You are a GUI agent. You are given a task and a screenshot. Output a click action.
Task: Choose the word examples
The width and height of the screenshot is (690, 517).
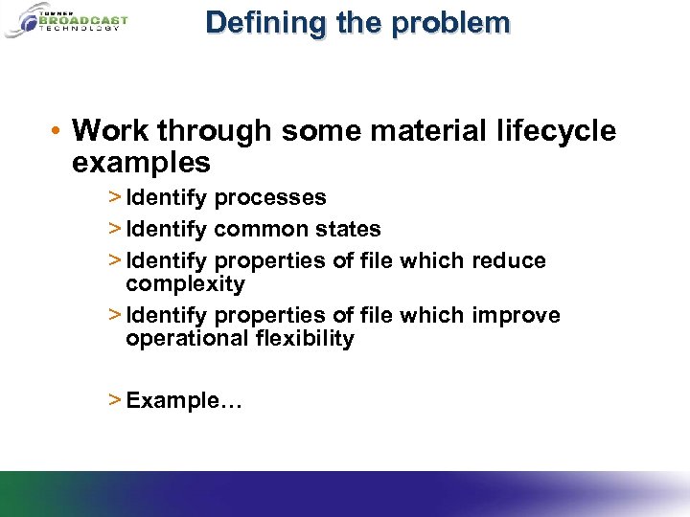[x=141, y=163]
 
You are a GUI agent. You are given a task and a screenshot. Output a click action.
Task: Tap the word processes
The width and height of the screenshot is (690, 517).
[x=270, y=198]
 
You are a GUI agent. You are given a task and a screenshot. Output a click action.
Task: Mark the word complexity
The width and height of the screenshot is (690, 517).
[x=185, y=284]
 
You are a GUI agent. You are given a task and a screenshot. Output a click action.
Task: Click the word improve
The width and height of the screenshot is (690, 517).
[x=516, y=315]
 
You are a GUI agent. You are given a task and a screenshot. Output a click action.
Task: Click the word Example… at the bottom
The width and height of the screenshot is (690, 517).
[x=184, y=400]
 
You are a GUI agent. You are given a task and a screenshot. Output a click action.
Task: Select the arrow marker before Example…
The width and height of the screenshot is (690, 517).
[x=114, y=400]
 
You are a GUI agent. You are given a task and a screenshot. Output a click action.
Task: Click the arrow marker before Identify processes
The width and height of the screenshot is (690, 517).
[x=114, y=198]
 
